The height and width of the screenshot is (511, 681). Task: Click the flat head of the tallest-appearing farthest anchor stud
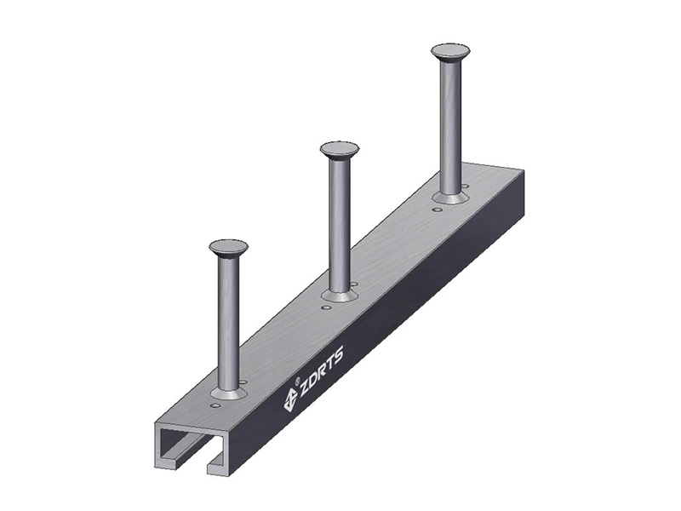pyautogui.click(x=450, y=54)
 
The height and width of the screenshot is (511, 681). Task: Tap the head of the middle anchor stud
pyautogui.click(x=339, y=150)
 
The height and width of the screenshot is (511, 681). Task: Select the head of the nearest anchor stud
pyautogui.click(x=228, y=248)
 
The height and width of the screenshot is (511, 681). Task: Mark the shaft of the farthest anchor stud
pyautogui.click(x=450, y=128)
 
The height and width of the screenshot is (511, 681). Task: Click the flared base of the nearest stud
pyautogui.click(x=228, y=393)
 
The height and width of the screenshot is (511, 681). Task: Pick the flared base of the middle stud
pyautogui.click(x=340, y=296)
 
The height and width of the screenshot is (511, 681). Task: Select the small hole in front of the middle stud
pyautogui.click(x=324, y=307)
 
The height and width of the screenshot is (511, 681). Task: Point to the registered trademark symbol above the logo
pyautogui.click(x=297, y=382)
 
